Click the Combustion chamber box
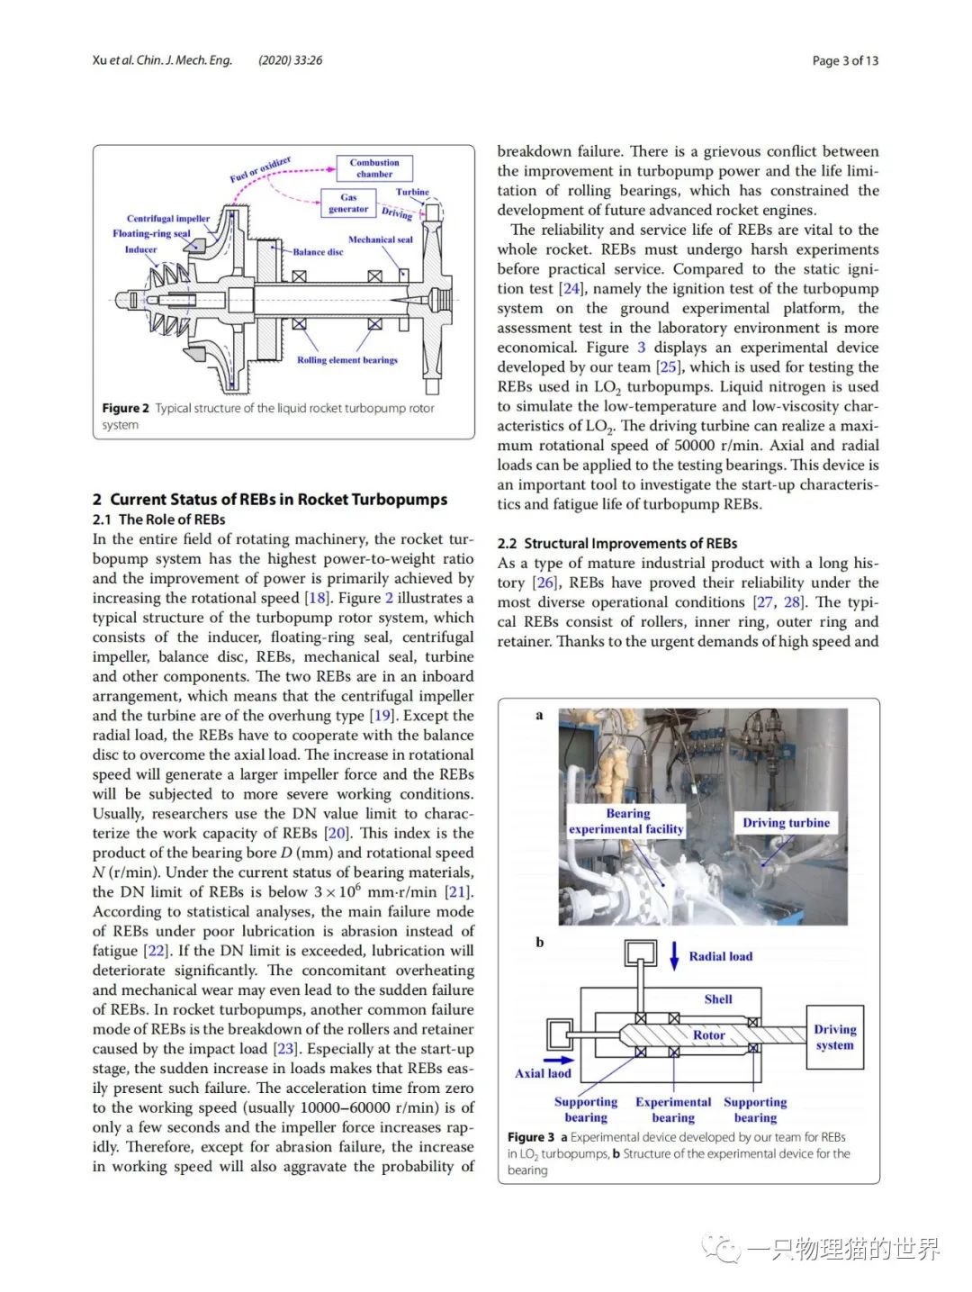(374, 168)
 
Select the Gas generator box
(348, 203)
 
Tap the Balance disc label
(318, 252)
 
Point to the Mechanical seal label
(381, 239)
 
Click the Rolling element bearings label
(347, 360)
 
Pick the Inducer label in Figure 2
(140, 249)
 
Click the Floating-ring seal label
(151, 233)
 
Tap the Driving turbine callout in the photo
(786, 823)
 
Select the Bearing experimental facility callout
(626, 821)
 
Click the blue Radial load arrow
(674, 955)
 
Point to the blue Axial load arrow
(558, 1060)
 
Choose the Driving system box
(835, 1037)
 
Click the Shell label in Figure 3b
(718, 999)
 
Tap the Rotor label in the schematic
(708, 1035)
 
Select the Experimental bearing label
(673, 1109)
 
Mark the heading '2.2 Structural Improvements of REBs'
(617, 544)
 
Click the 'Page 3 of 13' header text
(845, 60)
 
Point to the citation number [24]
(571, 289)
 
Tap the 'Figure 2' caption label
(125, 408)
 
